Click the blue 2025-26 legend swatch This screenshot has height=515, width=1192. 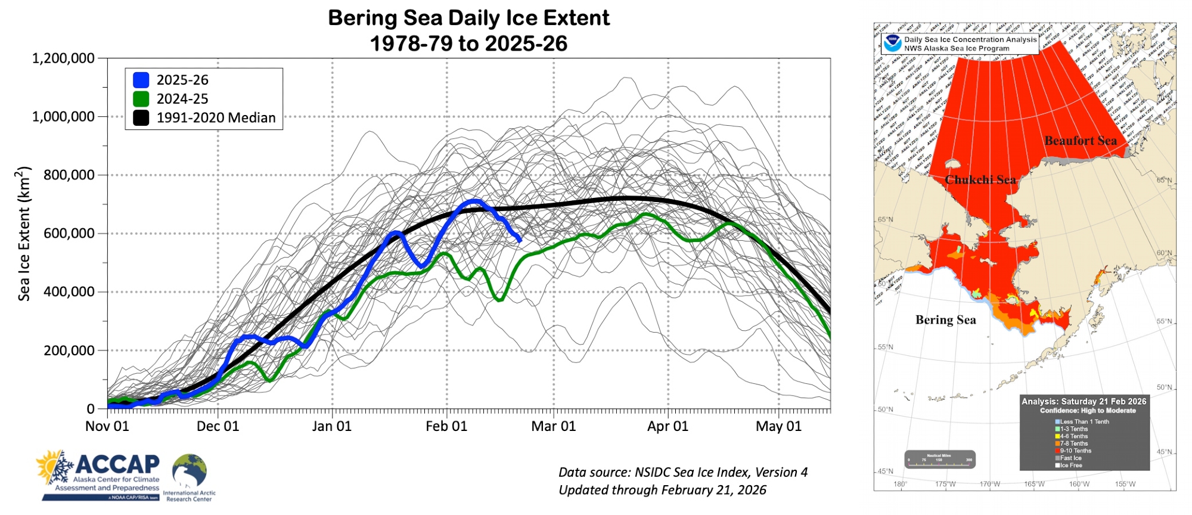click(141, 80)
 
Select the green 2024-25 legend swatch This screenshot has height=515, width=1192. click(141, 99)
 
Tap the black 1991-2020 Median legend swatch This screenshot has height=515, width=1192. click(141, 118)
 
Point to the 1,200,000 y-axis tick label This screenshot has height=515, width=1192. click(63, 58)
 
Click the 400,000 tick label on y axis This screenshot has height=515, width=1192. click(69, 292)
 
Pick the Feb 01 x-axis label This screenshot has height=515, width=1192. click(446, 426)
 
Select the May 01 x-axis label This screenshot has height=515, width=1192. click(778, 426)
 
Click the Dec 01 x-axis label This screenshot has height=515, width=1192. click(218, 426)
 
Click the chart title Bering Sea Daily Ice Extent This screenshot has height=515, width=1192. click(468, 18)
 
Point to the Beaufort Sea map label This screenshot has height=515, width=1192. click(1081, 141)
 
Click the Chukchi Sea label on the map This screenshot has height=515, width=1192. click(980, 180)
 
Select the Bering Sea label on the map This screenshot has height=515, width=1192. click(946, 320)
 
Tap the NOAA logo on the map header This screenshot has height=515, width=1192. click(892, 44)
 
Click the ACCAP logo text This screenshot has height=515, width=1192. click(117, 464)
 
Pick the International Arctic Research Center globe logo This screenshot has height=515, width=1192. click(190, 471)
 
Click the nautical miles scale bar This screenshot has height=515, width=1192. click(939, 460)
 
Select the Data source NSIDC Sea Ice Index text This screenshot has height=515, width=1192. click(683, 473)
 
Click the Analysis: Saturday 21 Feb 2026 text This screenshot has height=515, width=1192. click(1084, 402)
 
